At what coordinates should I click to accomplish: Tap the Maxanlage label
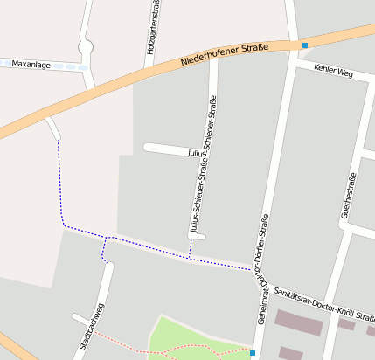tap(31, 65)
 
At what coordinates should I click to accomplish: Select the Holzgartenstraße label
tap(152, 31)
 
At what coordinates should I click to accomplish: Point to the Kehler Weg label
tap(333, 72)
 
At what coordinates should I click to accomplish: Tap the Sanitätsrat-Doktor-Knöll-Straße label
tap(324, 304)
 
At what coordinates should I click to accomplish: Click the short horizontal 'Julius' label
tap(196, 153)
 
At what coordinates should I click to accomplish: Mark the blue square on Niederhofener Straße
tap(304, 45)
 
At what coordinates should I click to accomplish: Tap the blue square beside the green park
tap(252, 353)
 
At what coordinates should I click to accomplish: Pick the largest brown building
tap(297, 321)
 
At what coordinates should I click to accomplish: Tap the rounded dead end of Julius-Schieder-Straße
tap(198, 237)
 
